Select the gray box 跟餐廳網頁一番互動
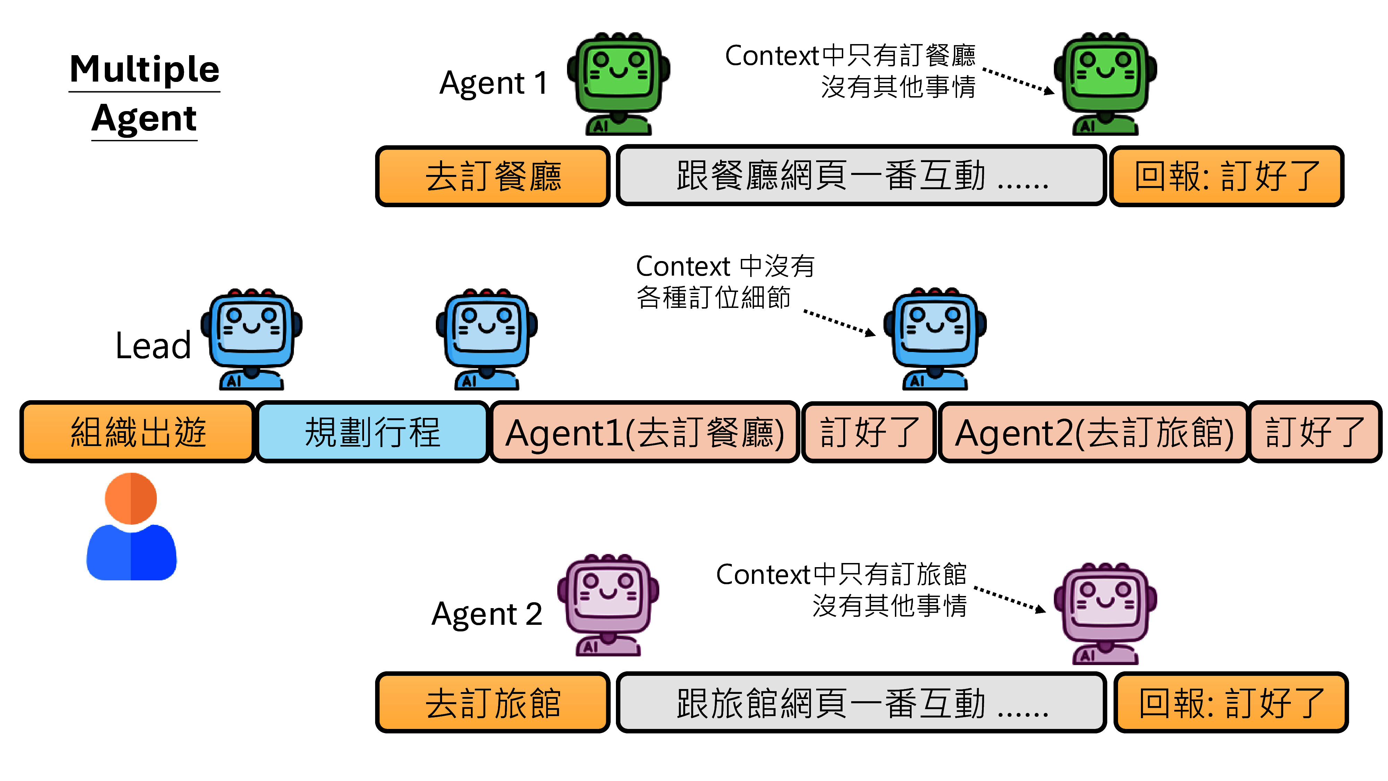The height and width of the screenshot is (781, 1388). coord(861,176)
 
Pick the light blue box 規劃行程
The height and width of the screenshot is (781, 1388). coord(372,432)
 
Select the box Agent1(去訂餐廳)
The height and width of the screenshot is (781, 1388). coord(644,432)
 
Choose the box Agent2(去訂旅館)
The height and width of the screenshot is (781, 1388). coord(1094,432)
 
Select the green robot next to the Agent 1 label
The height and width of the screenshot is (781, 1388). coord(619,84)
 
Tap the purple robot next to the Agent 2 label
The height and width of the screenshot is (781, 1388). coord(608,604)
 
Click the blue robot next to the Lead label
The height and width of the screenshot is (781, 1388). coord(251,339)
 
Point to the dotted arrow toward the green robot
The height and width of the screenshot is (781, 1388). coord(1017,81)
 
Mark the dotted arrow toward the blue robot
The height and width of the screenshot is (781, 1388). coord(839,323)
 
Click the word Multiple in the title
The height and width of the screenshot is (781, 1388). coord(144,69)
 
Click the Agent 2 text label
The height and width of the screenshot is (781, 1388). coord(486,614)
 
